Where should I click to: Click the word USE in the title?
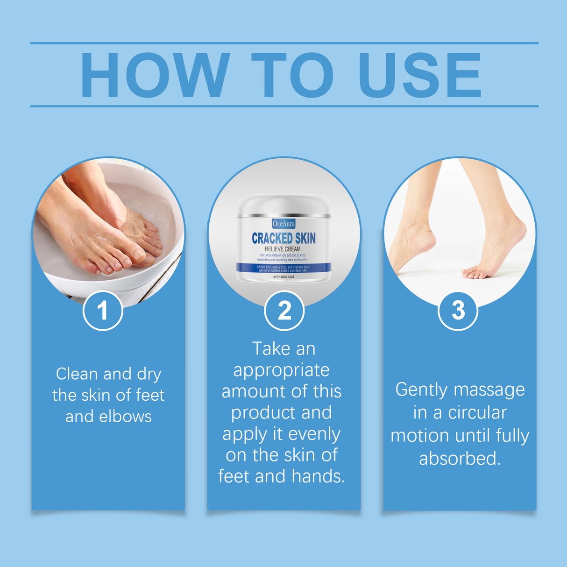[x=419, y=75]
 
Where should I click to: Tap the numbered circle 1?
[x=103, y=311]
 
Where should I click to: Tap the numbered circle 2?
[x=284, y=311]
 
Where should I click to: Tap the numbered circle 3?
[x=458, y=311]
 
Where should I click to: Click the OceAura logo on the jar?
[x=283, y=224]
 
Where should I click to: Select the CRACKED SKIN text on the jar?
[x=283, y=238]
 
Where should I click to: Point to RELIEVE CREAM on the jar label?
[x=283, y=249]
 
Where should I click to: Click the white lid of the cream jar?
[x=283, y=205]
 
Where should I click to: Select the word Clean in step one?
[x=77, y=374]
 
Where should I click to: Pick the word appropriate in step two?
[x=282, y=370]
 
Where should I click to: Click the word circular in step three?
[x=477, y=413]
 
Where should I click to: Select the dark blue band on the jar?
[x=283, y=268]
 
